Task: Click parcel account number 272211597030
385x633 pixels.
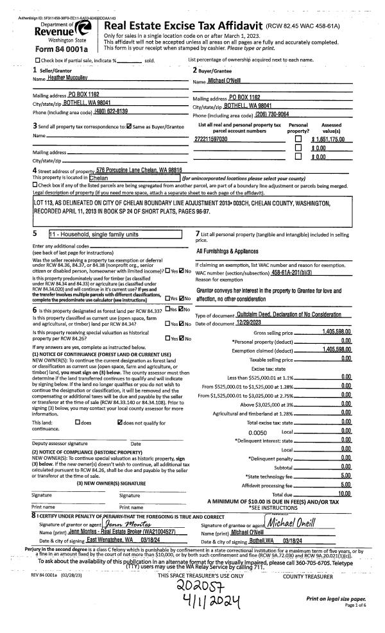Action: (211, 139)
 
